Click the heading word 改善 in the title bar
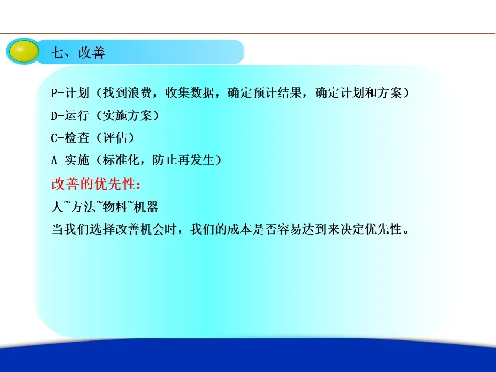pos(92,53)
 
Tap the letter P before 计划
pos(54,93)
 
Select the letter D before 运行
pos(54,116)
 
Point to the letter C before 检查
pos(54,138)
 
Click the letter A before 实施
pos(54,160)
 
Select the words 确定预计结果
pos(265,92)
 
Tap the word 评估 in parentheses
pos(115,138)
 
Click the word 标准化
pos(121,160)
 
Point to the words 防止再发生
pos(183,160)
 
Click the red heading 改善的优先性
pos(94,184)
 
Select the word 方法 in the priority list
pos(83,207)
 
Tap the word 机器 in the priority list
pos(146,207)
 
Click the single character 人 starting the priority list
pos(57,207)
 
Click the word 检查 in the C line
pos(77,138)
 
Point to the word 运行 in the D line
pos(77,115)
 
